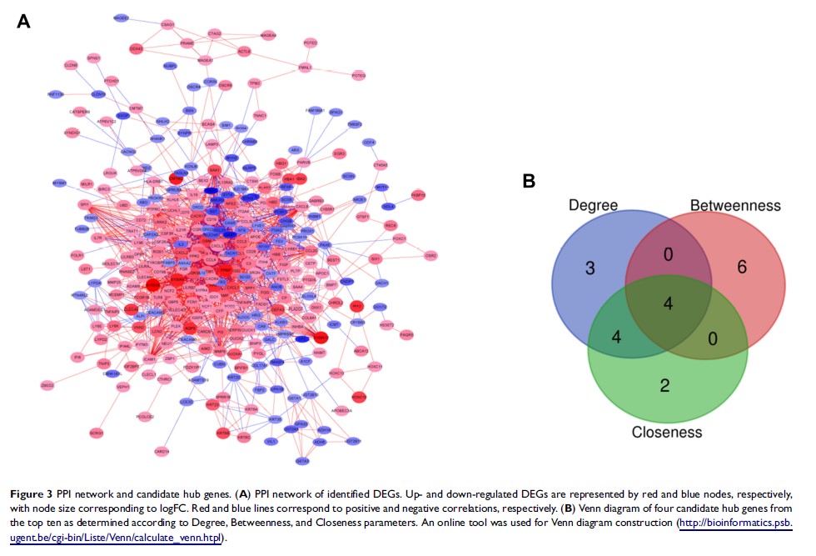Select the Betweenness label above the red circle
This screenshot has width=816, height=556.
point(734,205)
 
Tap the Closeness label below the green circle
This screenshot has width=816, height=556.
point(667,432)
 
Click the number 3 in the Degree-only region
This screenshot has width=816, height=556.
point(589,268)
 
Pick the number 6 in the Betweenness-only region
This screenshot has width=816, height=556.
point(741,267)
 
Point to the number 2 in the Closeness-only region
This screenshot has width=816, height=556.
point(664,385)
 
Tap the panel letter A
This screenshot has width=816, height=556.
point(23,22)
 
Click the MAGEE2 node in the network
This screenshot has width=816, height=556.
point(122,18)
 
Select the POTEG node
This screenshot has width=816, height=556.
point(358,75)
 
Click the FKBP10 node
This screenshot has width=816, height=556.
point(418,194)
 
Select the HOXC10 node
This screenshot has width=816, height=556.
point(360,396)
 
